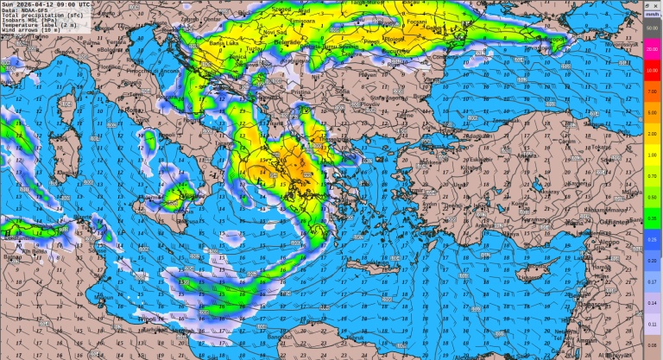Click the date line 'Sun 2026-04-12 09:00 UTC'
tap(45, 4)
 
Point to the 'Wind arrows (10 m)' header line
tap(34, 32)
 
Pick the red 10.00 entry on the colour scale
tap(653, 69)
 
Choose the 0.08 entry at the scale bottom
tap(653, 344)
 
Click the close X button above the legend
tap(658, 4)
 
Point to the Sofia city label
tap(343, 90)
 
